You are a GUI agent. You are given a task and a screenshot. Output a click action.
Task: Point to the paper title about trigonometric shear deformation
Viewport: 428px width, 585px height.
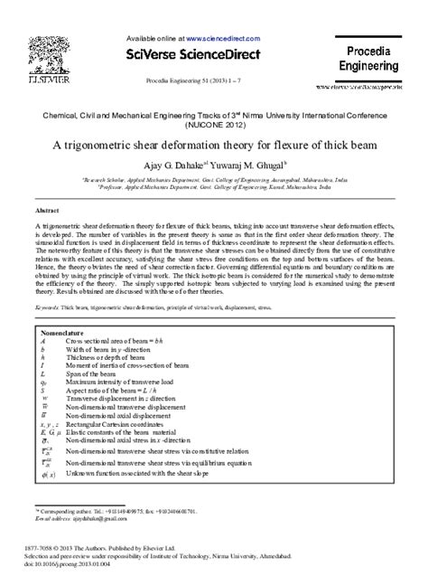213,144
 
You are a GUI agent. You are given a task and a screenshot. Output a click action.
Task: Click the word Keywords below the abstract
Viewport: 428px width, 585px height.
49,307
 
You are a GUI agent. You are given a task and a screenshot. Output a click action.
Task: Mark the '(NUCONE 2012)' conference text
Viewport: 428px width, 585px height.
213,124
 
